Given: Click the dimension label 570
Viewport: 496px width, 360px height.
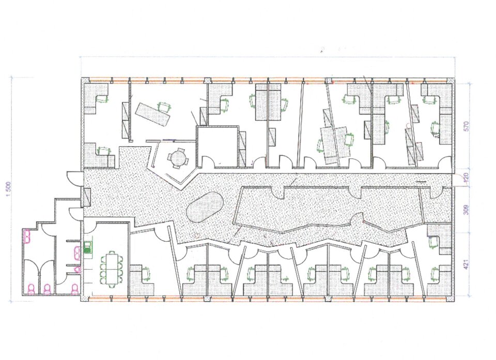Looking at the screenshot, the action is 466,127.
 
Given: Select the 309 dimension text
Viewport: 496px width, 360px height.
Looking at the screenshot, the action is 466,210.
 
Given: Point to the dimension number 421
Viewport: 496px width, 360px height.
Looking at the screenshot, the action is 466,264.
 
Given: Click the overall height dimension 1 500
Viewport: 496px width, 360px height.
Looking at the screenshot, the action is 9,190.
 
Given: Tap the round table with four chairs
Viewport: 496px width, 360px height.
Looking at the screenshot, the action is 177,157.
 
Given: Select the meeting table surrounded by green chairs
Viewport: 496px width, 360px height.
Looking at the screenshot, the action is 112,268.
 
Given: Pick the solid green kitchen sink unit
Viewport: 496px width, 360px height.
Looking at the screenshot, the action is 87,247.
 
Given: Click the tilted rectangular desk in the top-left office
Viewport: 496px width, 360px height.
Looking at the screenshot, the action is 153,115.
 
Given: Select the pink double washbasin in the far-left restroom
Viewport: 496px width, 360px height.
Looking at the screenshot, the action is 27,236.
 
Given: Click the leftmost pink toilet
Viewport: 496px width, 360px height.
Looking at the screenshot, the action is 31,289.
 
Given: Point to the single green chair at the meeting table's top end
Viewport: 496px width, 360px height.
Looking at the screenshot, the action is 112,251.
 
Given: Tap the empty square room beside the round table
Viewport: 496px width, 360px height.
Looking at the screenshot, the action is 217,146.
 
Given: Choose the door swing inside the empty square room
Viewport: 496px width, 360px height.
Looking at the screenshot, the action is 208,161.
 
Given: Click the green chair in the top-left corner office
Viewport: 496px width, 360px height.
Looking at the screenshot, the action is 102,98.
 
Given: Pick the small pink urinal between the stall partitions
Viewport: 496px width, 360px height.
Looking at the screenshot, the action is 77,269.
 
